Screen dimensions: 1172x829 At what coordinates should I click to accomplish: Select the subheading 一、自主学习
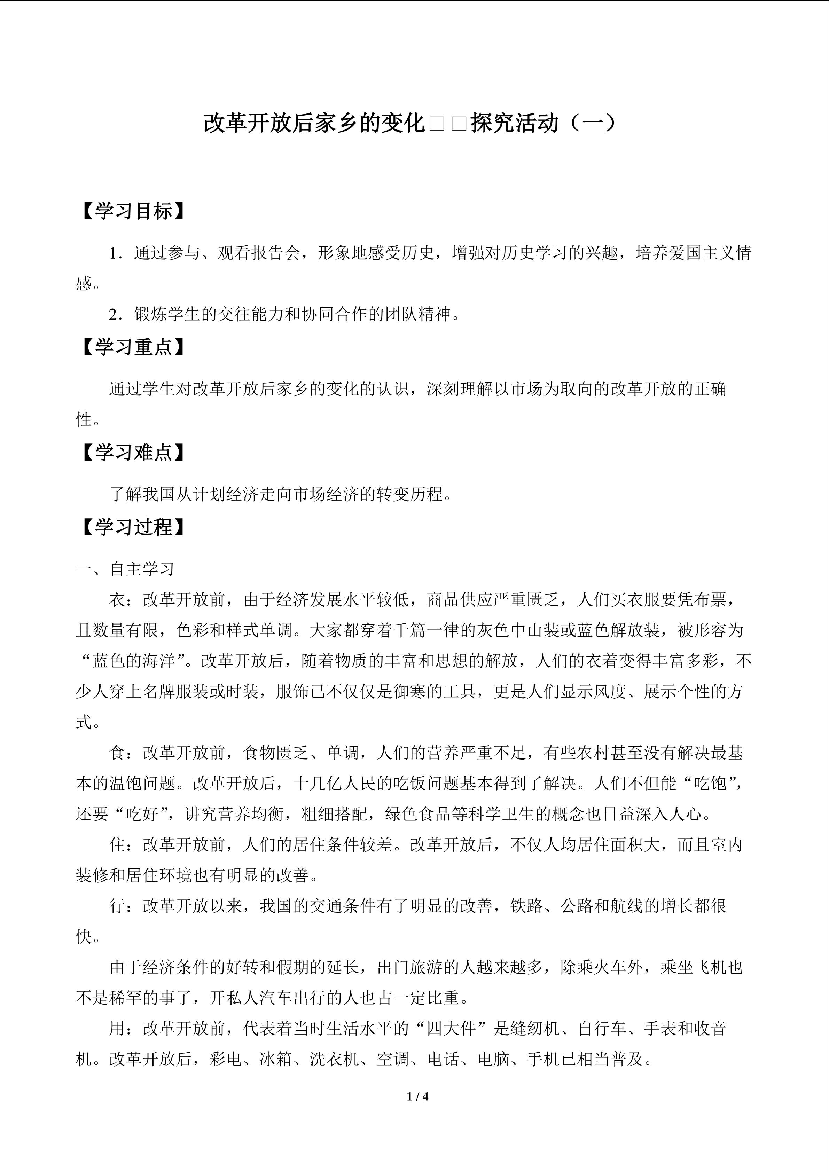[126, 569]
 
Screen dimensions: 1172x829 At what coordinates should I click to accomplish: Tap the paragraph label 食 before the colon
[117, 753]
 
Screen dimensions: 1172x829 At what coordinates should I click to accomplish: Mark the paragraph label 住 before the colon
[117, 845]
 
